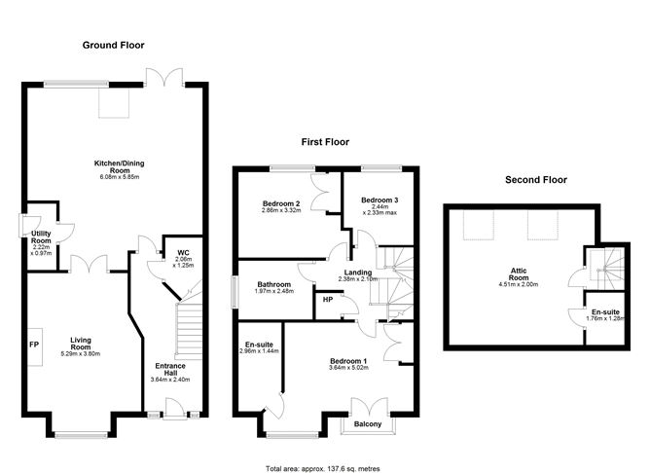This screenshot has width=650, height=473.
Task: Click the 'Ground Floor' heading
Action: point(115,45)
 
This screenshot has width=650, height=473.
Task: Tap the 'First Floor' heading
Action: point(325,142)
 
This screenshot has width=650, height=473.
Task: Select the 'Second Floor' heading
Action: point(535,179)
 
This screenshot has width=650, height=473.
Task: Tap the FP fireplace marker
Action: point(34,345)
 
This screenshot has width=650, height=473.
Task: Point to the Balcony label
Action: point(367,424)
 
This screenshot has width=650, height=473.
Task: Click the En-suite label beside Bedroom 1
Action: point(259,346)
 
